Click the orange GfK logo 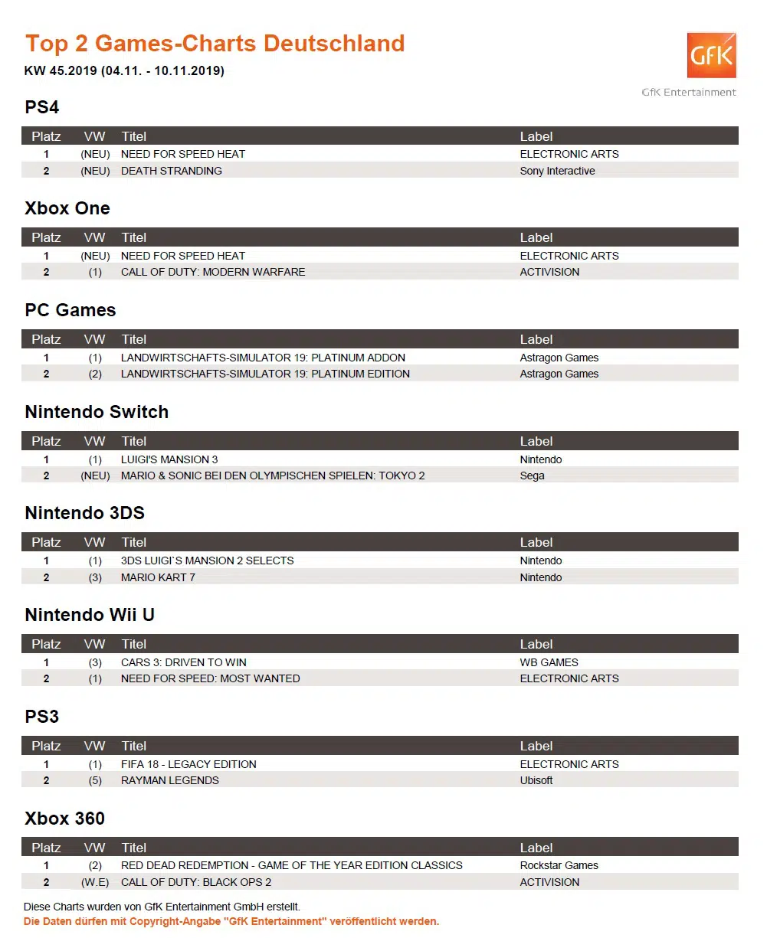711,55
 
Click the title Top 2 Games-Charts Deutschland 215,44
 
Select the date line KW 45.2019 124,71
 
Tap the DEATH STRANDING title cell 172,171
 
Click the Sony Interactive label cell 557,171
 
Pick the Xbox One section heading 67,208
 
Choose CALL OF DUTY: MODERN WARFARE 213,272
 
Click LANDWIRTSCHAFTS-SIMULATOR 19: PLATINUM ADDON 263,358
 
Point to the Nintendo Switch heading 97,412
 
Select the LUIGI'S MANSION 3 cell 169,459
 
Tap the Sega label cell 532,476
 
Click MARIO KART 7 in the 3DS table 158,577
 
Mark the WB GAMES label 549,662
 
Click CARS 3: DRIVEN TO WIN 184,662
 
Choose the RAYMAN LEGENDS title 170,780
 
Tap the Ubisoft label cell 536,780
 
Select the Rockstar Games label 559,865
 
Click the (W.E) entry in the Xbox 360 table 95,882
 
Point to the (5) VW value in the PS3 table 95,780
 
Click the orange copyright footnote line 231,921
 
